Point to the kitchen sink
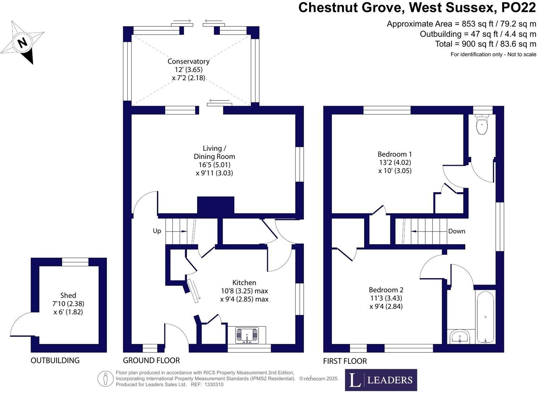247,335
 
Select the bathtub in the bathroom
485,317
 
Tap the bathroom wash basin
460,337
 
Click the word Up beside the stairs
157,231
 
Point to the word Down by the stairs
457,231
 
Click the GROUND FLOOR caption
151,361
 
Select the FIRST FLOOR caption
345,361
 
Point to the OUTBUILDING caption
55,361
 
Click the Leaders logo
381,380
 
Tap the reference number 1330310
214,384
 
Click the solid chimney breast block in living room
215,206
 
